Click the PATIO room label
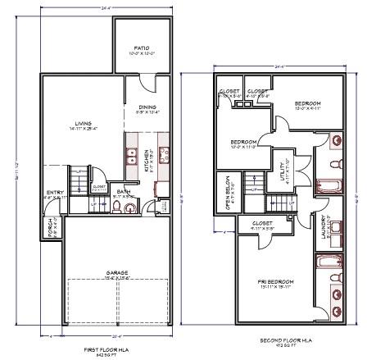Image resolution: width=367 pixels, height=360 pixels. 141,48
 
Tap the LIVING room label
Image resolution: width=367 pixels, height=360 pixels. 81,124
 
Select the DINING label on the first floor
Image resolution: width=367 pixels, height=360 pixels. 147,107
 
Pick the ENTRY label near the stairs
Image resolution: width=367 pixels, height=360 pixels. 51,194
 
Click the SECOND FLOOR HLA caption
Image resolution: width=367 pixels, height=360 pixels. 279,339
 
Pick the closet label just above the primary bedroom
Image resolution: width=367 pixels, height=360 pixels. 262,223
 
